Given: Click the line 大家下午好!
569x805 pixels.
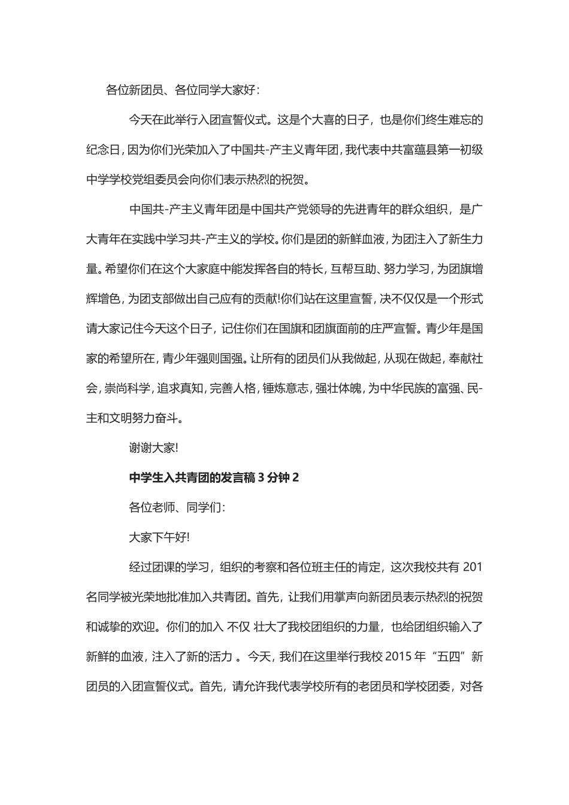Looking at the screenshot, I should [159, 537].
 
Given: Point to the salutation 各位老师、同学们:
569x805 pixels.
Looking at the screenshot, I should [177, 507].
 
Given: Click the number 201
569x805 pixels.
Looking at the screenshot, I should [473, 567].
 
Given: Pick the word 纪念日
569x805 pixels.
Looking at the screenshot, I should [104, 150].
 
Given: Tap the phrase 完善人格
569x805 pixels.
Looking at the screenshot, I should [232, 388].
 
